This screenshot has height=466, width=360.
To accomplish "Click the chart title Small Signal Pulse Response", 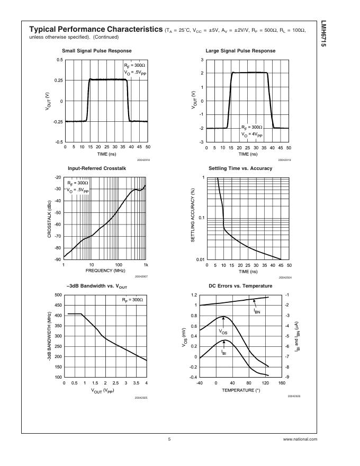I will (x=96, y=51).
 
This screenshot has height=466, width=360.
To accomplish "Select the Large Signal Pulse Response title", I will (x=240, y=51).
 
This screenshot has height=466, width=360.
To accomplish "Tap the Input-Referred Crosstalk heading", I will (x=97, y=168).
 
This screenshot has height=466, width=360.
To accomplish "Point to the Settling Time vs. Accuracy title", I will (x=240, y=168).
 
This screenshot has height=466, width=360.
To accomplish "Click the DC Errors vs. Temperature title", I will (x=240, y=286).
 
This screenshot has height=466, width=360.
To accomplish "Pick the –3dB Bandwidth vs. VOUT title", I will (x=97, y=286).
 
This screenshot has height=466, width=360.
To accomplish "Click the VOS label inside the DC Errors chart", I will (x=223, y=331).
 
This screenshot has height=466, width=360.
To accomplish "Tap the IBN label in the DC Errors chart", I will (x=258, y=312).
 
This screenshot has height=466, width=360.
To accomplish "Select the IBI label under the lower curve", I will (x=224, y=351).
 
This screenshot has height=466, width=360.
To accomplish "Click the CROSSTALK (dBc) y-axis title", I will (x=49, y=218).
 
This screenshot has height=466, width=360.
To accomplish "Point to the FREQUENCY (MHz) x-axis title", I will (x=104, y=271).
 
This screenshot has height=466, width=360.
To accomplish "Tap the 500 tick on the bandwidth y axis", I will (x=58, y=294).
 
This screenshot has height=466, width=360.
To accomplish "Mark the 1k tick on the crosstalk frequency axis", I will (x=146, y=264).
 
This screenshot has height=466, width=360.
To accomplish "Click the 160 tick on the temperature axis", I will (x=282, y=382).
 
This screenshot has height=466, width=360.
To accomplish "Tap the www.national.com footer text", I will (x=300, y=439).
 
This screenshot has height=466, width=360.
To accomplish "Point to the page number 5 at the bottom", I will (x=169, y=439).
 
